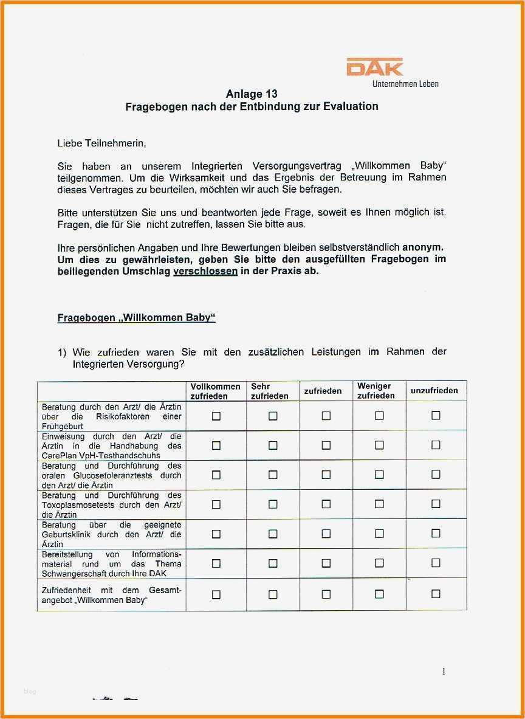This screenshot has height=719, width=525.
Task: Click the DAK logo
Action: pyautogui.click(x=374, y=67)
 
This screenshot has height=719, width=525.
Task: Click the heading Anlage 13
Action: pyautogui.click(x=252, y=94)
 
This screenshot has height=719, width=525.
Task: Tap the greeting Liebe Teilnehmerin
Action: pyautogui.click(x=102, y=143)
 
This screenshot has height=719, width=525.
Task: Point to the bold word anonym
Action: pyautogui.click(x=423, y=247)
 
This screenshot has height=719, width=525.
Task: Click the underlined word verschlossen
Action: pyautogui.click(x=205, y=271)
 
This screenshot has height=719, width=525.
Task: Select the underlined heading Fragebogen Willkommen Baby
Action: pyautogui.click(x=137, y=318)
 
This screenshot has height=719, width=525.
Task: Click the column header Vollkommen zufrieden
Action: pyautogui.click(x=216, y=391)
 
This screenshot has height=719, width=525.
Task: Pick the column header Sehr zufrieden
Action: pyautogui.click(x=270, y=391)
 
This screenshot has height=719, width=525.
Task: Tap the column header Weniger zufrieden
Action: pyautogui.click(x=376, y=391)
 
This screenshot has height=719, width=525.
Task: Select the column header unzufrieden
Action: pyautogui.click(x=434, y=390)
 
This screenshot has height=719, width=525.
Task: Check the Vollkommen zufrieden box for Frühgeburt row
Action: pyautogui.click(x=216, y=416)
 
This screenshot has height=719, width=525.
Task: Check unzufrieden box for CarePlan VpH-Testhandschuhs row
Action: pyautogui.click(x=436, y=445)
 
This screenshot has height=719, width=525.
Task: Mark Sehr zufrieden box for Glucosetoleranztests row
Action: pyautogui.click(x=273, y=475)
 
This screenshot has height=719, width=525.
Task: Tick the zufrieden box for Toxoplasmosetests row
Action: pyautogui.click(x=326, y=504)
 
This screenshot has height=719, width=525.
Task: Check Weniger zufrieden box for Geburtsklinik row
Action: pyautogui.click(x=379, y=534)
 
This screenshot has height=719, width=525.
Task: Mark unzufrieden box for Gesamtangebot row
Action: pyautogui.click(x=436, y=594)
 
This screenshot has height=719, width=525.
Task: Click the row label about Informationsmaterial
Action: pyautogui.click(x=111, y=563)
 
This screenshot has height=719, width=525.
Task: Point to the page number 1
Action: pyautogui.click(x=444, y=672)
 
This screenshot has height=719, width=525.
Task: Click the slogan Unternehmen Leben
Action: pyautogui.click(x=405, y=84)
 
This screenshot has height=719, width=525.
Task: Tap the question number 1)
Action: pyautogui.click(x=62, y=353)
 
